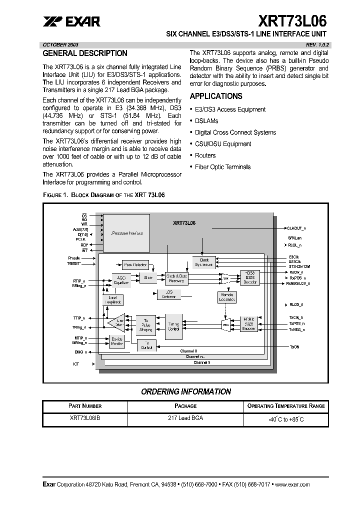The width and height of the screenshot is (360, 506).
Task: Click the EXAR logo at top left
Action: point(71,21)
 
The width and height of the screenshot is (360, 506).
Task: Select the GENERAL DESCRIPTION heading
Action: point(85,53)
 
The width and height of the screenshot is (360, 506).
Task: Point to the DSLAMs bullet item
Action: point(206,121)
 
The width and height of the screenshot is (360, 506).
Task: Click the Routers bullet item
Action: point(205,155)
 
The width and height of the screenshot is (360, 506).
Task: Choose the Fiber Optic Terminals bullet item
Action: point(222,167)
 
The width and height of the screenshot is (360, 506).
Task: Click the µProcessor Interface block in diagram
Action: point(126,233)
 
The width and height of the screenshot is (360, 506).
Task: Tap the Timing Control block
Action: point(173,326)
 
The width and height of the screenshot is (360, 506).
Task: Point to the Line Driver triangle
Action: point(118,323)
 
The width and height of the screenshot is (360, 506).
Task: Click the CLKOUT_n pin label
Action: point(297,227)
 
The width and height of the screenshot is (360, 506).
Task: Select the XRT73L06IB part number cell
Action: point(78,418)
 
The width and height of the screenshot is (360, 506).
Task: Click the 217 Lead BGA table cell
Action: point(185,418)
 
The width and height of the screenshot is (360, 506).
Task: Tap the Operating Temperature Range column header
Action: point(286,406)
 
